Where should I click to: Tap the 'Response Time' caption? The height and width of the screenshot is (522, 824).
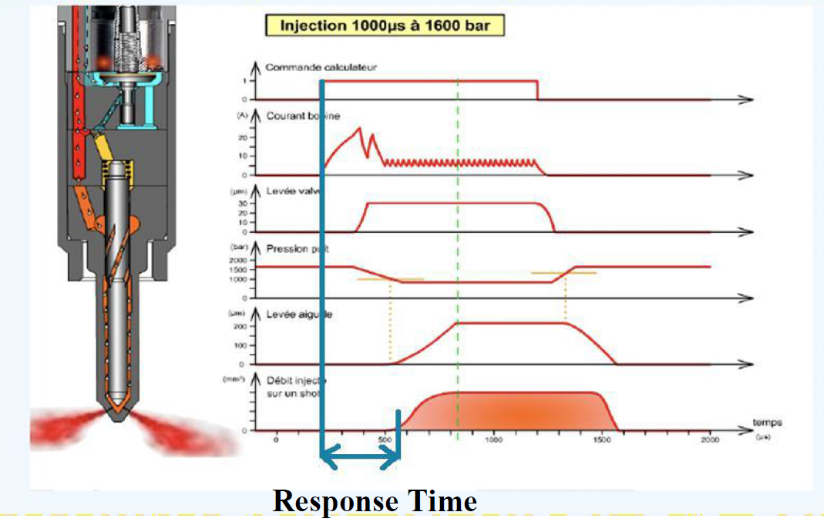coord(375,501)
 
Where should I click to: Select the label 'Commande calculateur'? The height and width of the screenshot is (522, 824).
coord(321,68)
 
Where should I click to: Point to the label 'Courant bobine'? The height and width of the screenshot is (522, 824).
coord(303,116)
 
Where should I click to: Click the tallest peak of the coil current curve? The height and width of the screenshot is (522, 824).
coord(359,128)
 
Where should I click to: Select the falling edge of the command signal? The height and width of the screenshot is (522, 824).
coord(537,90)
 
